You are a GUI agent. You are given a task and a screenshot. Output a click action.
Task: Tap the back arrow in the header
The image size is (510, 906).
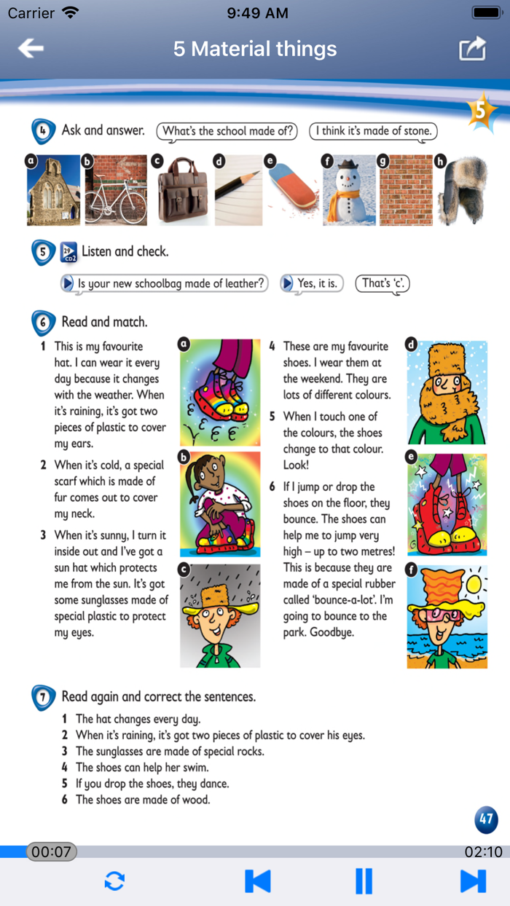pyautogui.click(x=31, y=48)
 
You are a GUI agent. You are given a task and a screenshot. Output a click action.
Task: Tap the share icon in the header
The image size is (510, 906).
pyautogui.click(x=472, y=49)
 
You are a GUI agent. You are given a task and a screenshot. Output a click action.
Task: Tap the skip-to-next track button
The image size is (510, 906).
pyautogui.click(x=473, y=881)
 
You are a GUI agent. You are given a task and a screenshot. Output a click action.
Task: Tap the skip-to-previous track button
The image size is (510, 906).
pyautogui.click(x=257, y=881)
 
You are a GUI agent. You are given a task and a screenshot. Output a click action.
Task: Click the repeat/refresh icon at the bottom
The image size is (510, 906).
pyautogui.click(x=114, y=881)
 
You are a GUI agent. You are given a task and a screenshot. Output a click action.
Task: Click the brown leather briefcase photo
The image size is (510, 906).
pyautogui.click(x=183, y=190)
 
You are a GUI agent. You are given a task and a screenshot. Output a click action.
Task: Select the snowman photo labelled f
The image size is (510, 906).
pyautogui.click(x=349, y=190)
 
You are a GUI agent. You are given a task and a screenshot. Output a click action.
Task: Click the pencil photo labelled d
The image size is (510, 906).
pyautogui.click(x=239, y=190)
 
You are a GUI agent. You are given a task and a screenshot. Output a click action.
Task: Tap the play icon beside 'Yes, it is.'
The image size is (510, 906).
pyautogui.click(x=286, y=283)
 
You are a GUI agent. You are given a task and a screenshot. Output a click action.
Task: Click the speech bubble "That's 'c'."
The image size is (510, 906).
pyautogui.click(x=382, y=283)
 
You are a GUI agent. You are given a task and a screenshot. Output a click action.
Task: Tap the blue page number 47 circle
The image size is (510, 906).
pyautogui.click(x=486, y=820)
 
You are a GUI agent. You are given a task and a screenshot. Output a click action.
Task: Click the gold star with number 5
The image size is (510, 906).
pyautogui.click(x=482, y=111)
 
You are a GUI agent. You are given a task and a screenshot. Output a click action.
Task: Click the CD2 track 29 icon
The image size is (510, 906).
pyautogui.click(x=68, y=252)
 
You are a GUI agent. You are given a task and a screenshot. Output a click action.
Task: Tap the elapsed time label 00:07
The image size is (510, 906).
pyautogui.click(x=52, y=851)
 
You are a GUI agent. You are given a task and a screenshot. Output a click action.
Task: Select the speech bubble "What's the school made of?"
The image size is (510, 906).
pyautogui.click(x=227, y=132)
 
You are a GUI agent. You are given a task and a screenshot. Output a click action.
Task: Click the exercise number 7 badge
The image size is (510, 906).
pyautogui.click(x=43, y=697)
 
